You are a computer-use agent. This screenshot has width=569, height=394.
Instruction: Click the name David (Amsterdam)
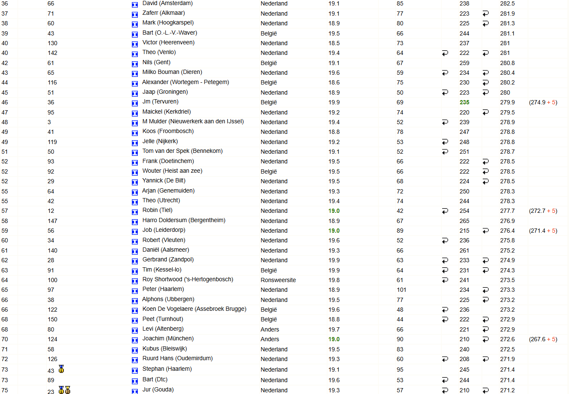pyautogui.click(x=167, y=3)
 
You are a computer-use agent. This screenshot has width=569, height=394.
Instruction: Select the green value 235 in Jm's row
pyautogui.click(x=464, y=102)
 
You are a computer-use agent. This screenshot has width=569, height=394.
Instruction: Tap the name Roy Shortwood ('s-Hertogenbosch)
pyautogui.click(x=188, y=280)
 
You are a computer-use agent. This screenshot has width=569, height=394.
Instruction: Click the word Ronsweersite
pyautogui.click(x=278, y=280)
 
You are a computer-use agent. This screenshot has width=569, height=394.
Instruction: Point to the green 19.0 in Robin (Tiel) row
pyautogui.click(x=334, y=211)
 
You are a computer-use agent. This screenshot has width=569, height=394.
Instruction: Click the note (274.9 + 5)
pyautogui.click(x=543, y=102)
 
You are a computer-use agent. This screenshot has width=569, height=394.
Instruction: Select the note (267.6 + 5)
pyautogui.click(x=543, y=339)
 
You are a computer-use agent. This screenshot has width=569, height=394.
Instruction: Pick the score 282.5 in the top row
pyautogui.click(x=507, y=3)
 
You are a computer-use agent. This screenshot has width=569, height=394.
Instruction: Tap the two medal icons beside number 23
pyautogui.click(x=65, y=390)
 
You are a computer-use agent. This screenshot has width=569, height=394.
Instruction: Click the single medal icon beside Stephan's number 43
pyautogui.click(x=61, y=369)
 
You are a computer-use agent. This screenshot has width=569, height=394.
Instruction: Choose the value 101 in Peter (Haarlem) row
pyautogui.click(x=401, y=290)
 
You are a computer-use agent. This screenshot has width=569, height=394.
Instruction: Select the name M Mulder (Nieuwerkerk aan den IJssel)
pyautogui.click(x=193, y=122)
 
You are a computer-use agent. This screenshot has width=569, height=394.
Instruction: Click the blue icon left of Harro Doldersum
pyautogui.click(x=135, y=221)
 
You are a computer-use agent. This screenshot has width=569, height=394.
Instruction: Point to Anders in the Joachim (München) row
pyautogui.click(x=270, y=339)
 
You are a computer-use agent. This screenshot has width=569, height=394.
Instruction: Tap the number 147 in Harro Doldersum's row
pyautogui.click(x=52, y=221)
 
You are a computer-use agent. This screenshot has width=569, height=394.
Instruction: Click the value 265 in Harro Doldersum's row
pyautogui.click(x=464, y=221)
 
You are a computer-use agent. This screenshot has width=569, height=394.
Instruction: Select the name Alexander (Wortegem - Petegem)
pyautogui.click(x=186, y=82)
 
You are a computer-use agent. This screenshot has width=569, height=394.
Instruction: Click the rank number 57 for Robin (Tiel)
pyautogui.click(x=5, y=211)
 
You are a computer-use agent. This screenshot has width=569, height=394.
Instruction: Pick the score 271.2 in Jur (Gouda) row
pyautogui.click(x=507, y=390)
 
